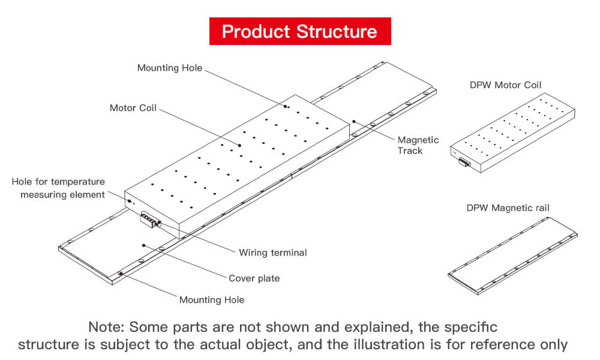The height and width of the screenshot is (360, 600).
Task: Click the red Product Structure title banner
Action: (299, 31)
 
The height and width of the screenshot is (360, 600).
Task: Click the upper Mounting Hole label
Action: (170, 68)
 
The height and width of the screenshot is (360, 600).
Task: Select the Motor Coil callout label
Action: (133, 108)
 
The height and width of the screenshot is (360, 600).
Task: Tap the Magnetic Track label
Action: (418, 145)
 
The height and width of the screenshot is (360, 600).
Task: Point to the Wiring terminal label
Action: (272, 253)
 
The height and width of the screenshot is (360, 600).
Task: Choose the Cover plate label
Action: (254, 278)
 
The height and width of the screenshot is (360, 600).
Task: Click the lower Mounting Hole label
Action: (212, 299)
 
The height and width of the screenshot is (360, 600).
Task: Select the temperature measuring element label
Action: (58, 188)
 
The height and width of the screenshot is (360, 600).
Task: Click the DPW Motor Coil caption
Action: (505, 85)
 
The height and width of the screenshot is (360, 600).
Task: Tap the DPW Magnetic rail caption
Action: (508, 208)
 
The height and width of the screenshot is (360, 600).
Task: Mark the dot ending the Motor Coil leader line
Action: (239, 145)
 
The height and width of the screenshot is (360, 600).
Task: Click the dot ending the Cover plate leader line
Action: (144, 245)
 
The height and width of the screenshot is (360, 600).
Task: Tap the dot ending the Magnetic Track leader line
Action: (355, 121)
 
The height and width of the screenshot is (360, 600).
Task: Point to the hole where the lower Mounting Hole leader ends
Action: (121, 274)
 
